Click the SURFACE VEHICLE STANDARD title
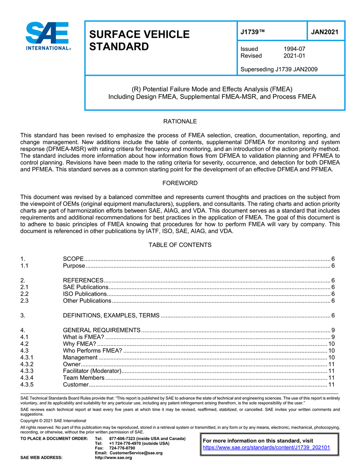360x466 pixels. [x=139, y=40]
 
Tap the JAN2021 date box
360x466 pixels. [x=325, y=32]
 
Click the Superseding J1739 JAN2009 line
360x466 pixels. [x=279, y=69]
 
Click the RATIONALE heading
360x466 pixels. [x=180, y=121]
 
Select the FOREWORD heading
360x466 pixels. [x=180, y=183]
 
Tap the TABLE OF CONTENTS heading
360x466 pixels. [x=180, y=245]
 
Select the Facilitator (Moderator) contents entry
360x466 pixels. [x=92, y=371]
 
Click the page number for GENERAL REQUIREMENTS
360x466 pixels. [x=333, y=330]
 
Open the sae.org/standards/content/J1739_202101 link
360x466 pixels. [x=266, y=447]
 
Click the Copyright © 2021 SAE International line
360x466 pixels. [x=54, y=421]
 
